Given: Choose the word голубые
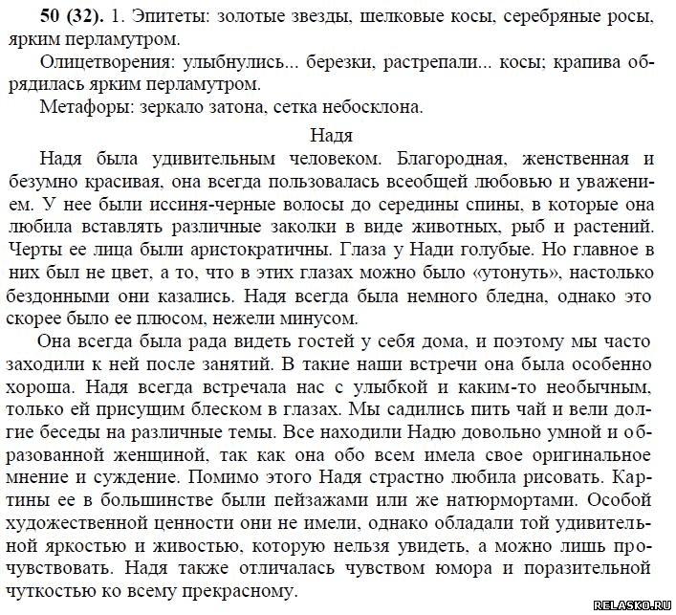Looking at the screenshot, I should click(453, 249).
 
